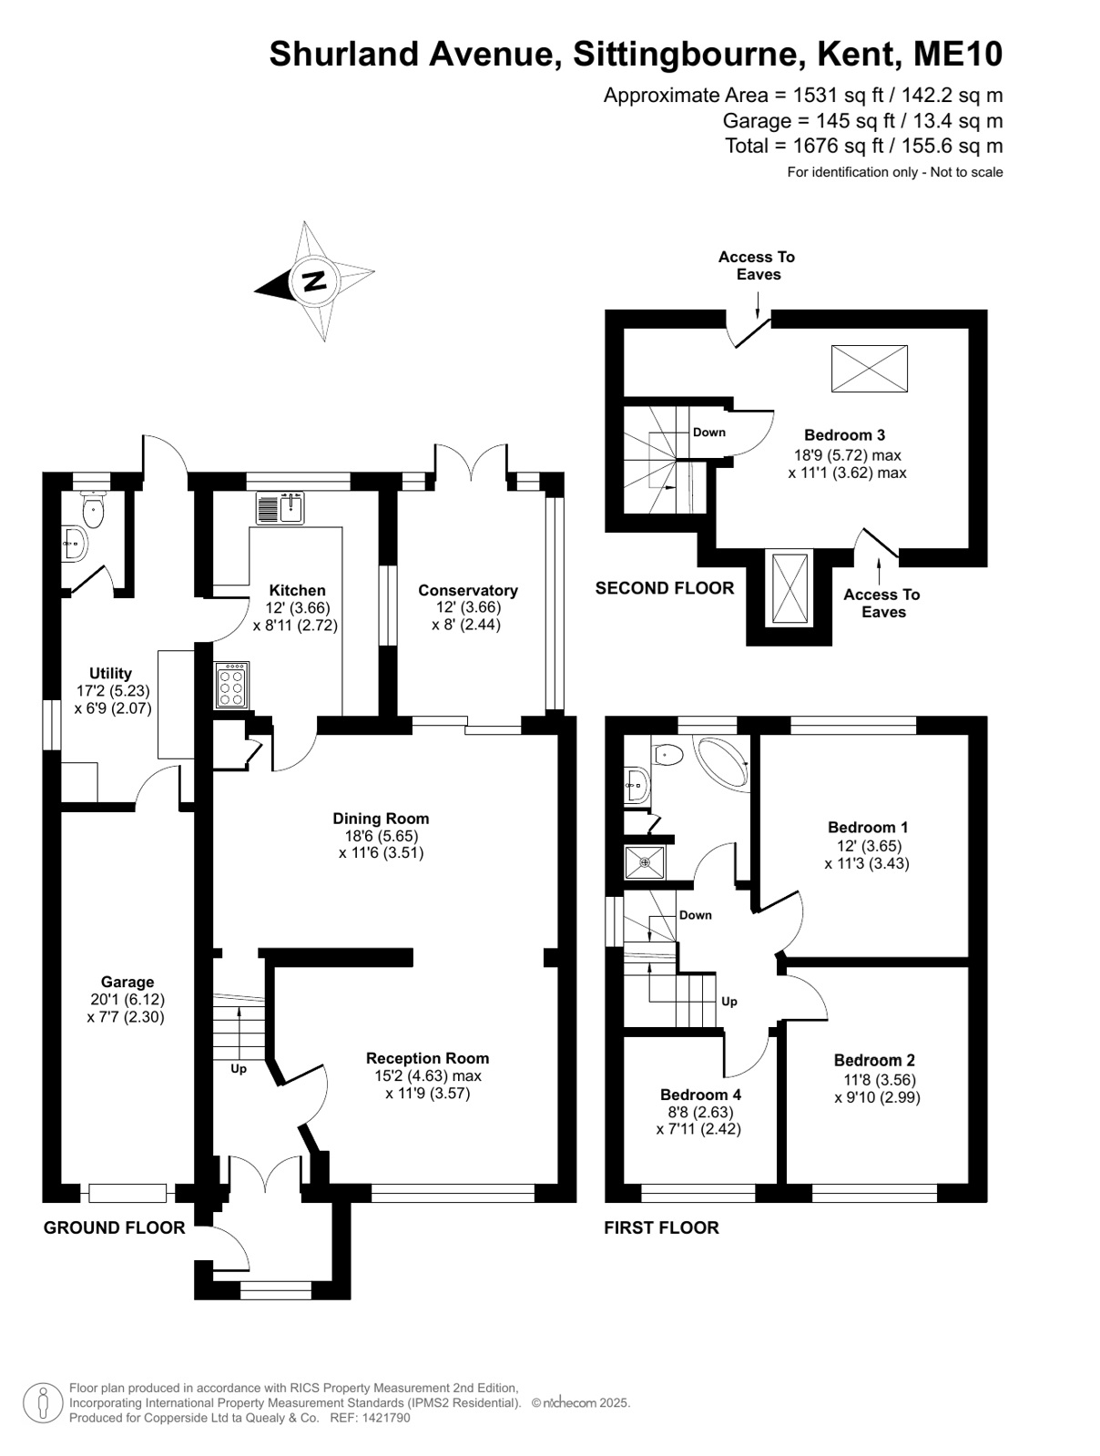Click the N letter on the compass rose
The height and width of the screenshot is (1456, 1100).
(313, 280)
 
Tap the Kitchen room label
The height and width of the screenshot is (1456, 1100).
(297, 590)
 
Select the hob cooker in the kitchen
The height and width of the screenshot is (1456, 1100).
(231, 685)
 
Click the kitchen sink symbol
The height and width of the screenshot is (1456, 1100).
(280, 508)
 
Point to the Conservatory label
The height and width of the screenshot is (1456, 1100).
(467, 590)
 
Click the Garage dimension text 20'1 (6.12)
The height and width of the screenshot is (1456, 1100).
(127, 999)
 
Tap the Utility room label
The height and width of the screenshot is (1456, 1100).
(111, 673)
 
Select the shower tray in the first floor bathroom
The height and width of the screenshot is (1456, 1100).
(645, 861)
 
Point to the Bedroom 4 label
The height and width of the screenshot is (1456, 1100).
(700, 1094)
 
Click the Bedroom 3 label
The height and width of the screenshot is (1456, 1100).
(844, 435)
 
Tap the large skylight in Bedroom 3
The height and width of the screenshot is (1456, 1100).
(870, 368)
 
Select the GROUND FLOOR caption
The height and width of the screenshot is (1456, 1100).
(114, 1227)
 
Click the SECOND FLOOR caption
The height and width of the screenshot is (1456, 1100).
(665, 587)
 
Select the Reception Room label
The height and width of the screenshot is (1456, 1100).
(427, 1058)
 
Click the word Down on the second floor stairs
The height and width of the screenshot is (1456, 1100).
(708, 432)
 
